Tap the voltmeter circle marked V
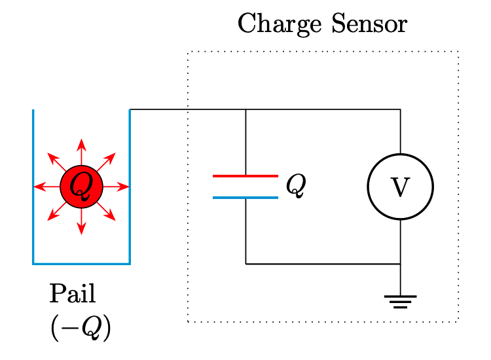click(400, 187)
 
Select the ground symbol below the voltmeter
click(400, 301)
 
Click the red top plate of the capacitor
click(245, 176)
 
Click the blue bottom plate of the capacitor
click(245, 197)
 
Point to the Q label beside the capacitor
click(296, 187)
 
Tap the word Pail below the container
click(73, 295)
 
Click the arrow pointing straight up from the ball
click(81, 151)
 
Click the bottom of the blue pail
click(81, 264)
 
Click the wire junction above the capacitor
click(245, 109)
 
